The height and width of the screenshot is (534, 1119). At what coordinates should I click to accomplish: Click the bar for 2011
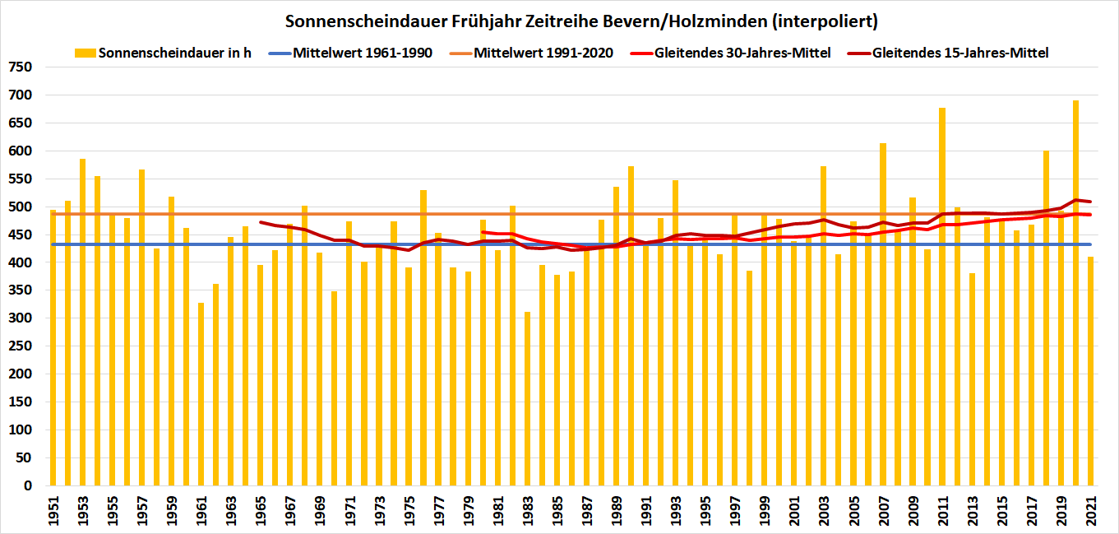[x=942, y=296]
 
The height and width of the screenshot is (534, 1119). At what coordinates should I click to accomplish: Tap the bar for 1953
[x=82, y=322]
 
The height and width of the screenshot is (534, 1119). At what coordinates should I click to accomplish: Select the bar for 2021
[x=1090, y=371]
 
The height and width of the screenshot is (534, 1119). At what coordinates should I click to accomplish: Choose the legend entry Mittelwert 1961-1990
[x=363, y=53]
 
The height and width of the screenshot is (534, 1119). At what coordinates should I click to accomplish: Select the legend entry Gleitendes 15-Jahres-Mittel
[x=960, y=53]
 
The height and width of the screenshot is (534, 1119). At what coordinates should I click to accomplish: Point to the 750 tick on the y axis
[x=21, y=67]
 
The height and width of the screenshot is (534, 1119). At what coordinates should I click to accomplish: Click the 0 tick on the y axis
[x=28, y=485]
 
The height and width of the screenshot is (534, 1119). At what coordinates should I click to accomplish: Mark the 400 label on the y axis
[x=21, y=262]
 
